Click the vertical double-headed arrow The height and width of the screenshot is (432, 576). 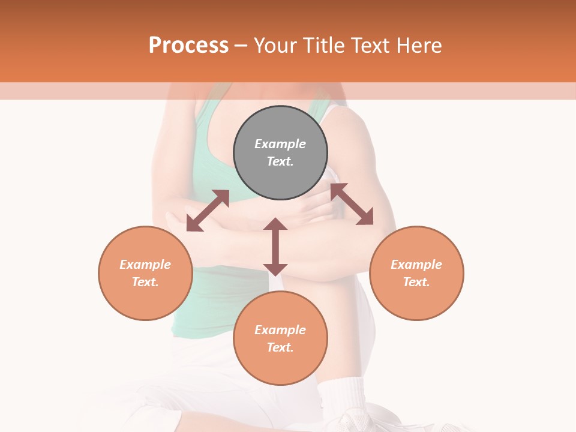tap(275, 247)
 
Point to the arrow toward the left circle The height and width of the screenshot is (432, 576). tap(208, 211)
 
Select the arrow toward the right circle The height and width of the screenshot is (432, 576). tap(352, 204)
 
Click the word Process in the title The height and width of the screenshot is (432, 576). tap(188, 45)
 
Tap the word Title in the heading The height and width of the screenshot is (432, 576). tap(323, 45)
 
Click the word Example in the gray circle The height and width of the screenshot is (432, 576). tap(280, 144)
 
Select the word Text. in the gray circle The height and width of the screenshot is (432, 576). tap(280, 161)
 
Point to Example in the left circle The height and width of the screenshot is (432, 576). tap(145, 265)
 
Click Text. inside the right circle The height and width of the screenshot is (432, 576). tap(416, 282)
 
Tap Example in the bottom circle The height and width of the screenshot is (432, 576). tap(280, 330)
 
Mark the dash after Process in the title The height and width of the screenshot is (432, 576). tap(241, 46)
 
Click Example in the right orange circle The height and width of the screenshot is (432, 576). tap(416, 265)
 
